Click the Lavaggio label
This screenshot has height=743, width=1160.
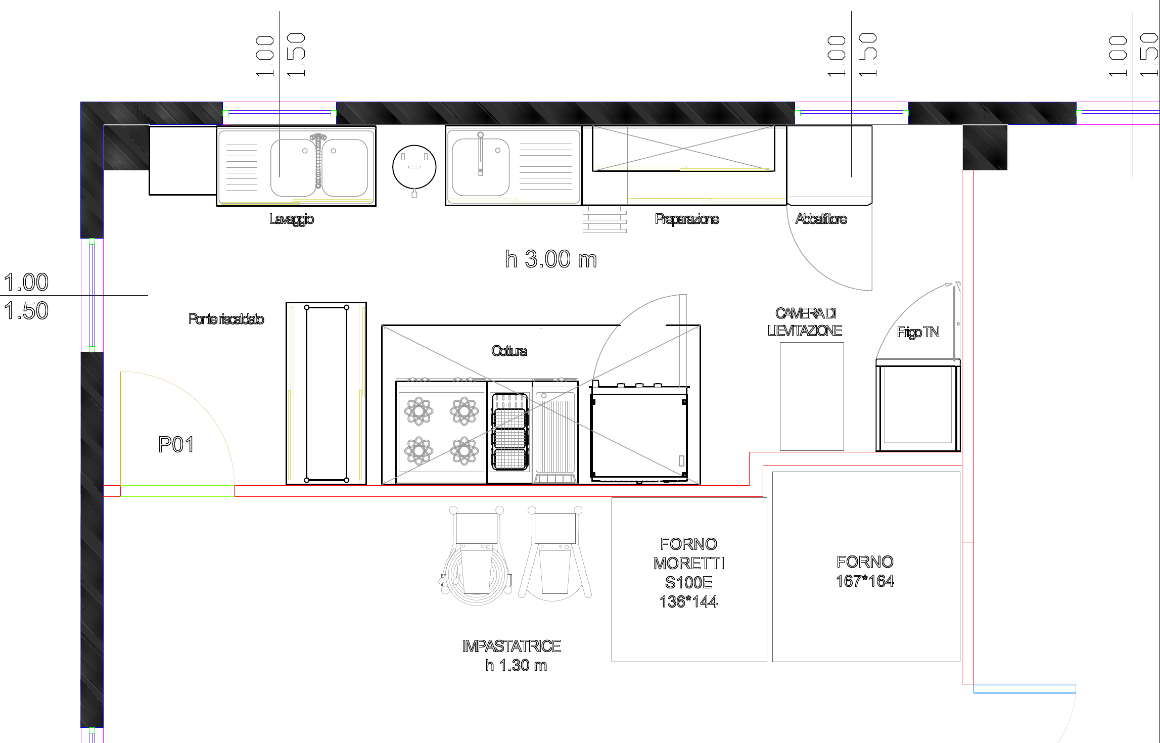292,219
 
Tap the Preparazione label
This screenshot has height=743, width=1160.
687,219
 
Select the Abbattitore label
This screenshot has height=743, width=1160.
821,219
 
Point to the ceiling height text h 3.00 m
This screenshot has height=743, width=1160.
551,259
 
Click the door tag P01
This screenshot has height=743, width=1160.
176,445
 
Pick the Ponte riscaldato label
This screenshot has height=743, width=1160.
226,319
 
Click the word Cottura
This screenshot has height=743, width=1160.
509,351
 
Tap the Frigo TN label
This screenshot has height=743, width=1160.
918,332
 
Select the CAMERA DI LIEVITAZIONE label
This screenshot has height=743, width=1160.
805,322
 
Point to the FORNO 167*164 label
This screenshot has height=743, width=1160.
865,571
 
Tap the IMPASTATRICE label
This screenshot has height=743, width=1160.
511,646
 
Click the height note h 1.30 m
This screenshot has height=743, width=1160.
516,665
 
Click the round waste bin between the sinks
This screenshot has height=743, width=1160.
414,167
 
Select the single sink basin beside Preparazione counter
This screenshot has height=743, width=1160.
481,167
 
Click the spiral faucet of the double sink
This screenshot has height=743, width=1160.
318,161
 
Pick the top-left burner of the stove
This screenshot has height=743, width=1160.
419,410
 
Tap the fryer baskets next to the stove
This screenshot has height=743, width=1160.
510,432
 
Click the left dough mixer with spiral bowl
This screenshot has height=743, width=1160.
476,556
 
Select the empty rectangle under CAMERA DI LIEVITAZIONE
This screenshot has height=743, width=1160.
812,396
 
